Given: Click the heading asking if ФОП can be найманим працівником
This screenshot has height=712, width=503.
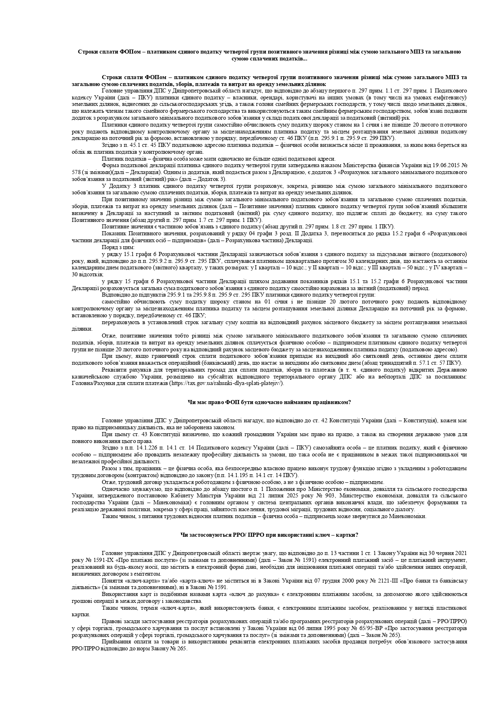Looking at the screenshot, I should click(x=269, y=402).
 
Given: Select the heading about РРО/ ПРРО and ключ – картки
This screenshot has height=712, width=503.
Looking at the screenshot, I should click(x=269, y=535).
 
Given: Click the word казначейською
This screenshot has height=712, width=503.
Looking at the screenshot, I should click(x=90, y=376).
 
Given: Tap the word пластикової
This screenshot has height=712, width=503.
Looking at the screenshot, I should click(x=452, y=608).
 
